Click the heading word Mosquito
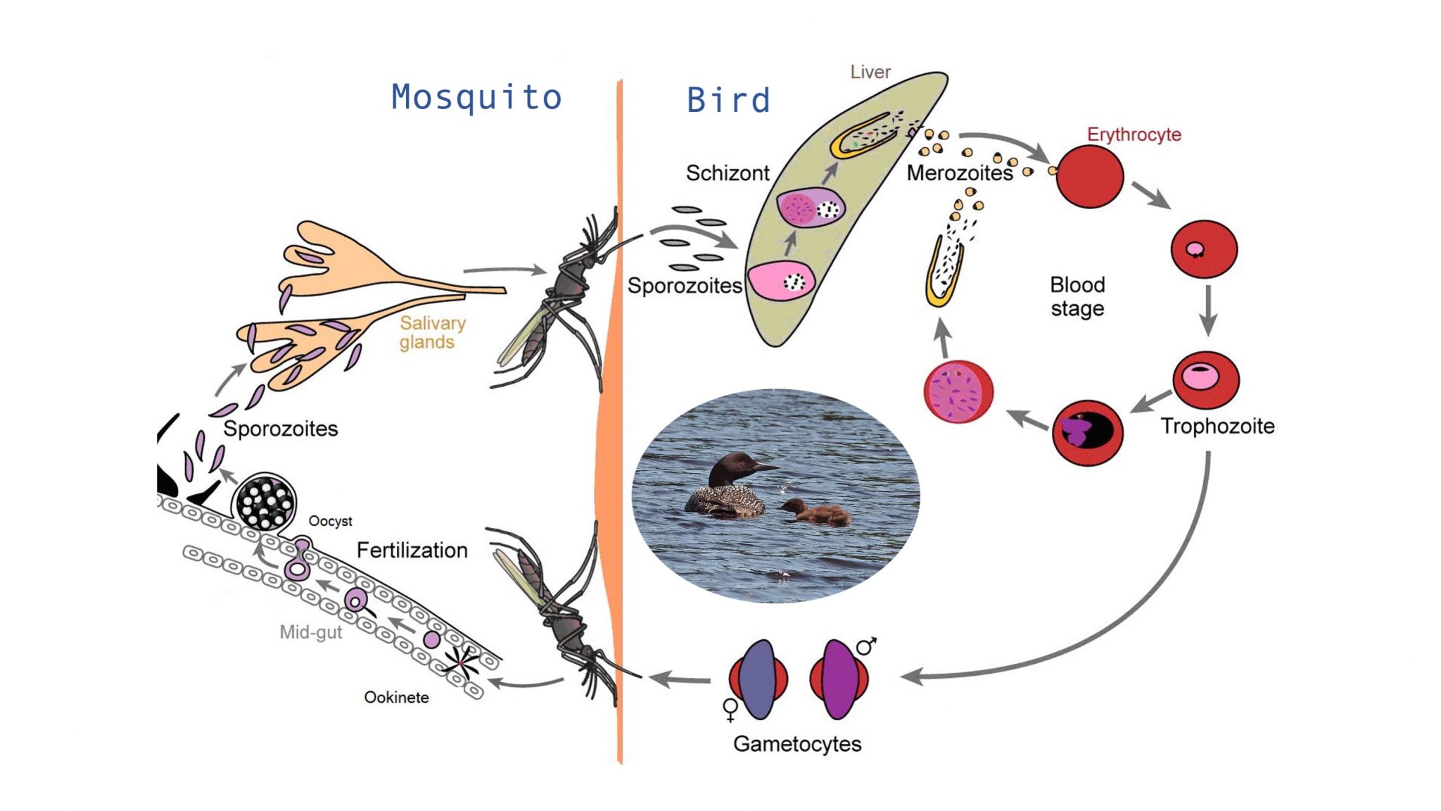pos(476,98)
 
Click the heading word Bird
pos(728,101)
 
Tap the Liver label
pos(870,72)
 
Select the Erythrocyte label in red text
pos(1134,134)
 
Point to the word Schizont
pos(728,172)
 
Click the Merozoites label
pos(959,172)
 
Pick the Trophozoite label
pos(1217,426)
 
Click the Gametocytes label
pos(797,744)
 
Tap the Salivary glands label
pos(432,332)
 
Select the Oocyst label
pos(330,521)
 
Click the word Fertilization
pos(412,550)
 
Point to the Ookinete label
pos(396,697)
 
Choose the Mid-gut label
pos(310,631)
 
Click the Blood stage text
pos(1077,296)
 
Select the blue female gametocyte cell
pos(758,679)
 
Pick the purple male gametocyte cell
pos(838,679)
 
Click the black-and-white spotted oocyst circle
pos(265,501)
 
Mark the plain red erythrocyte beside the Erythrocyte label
pos(1089,176)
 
